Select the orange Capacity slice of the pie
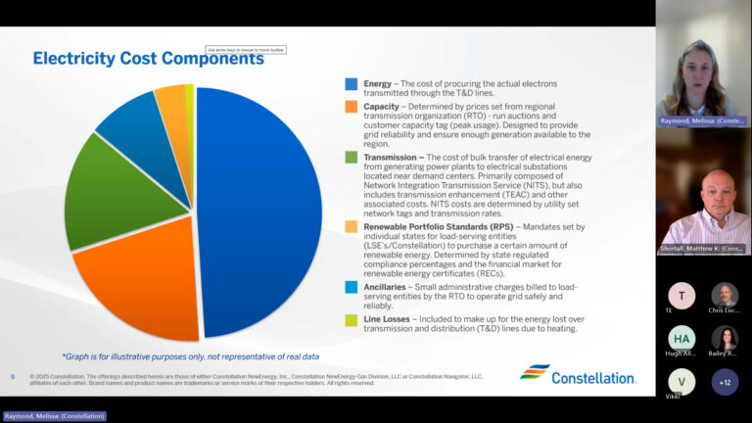137,284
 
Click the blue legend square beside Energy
351,84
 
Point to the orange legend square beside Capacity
351,107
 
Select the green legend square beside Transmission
351,157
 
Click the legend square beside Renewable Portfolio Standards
351,226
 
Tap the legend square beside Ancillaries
351,286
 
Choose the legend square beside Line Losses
351,319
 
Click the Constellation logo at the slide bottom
577,373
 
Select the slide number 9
13,376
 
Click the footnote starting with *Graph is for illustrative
190,356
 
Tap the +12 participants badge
725,381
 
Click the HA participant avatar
681,337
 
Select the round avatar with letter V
681,381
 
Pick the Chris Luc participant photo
725,295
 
